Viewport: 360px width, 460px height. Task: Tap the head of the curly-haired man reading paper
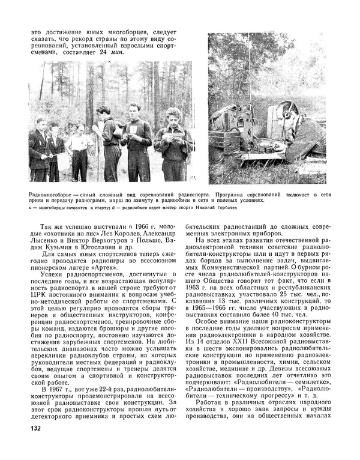174,115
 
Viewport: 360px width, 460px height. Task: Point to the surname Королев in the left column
113,229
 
